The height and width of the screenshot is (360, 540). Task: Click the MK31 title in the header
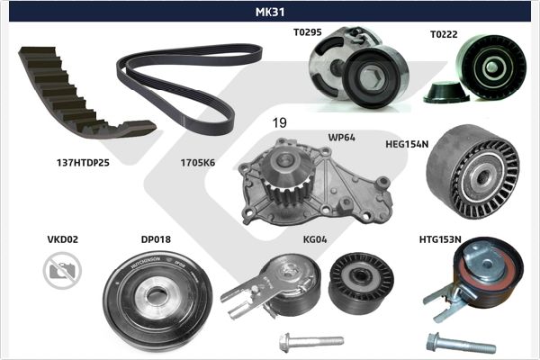click(x=270, y=12)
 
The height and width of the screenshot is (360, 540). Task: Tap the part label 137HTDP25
click(x=83, y=163)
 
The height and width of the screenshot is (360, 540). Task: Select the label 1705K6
click(x=198, y=163)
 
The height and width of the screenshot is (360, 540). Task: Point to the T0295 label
click(x=308, y=32)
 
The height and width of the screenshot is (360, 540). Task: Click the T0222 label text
click(x=444, y=34)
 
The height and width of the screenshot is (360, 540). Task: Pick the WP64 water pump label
click(x=341, y=137)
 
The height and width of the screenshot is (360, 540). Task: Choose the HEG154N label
click(x=407, y=144)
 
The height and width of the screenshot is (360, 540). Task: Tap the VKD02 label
click(x=63, y=239)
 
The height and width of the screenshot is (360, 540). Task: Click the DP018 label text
click(x=156, y=239)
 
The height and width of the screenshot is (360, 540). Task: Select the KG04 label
click(x=315, y=239)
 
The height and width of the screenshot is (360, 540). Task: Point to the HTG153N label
click(x=440, y=239)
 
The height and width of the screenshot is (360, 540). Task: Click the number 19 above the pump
click(x=279, y=122)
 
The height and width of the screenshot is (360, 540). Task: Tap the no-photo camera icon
click(x=62, y=270)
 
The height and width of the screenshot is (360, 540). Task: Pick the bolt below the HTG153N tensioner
click(x=461, y=343)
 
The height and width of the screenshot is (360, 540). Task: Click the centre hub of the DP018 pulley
click(x=157, y=298)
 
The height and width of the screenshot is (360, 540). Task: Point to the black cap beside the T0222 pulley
click(x=446, y=92)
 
